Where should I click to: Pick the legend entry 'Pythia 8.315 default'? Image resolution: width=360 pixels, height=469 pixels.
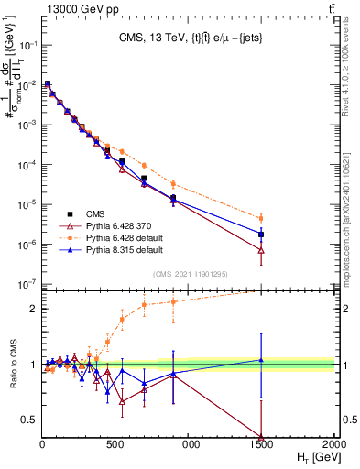[127, 249]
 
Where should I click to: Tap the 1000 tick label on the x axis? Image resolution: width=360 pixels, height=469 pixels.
[188, 443]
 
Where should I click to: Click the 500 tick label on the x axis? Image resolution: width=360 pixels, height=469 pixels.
[115, 443]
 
